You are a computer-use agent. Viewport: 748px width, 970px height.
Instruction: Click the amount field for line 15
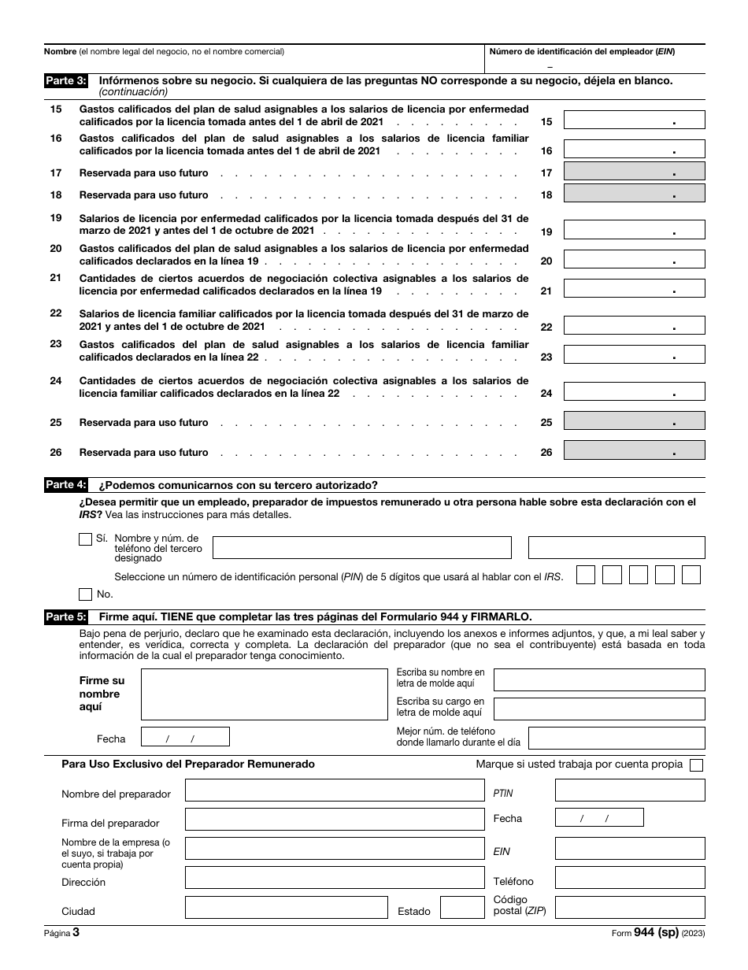635,120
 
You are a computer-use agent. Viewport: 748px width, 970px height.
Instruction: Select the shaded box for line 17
635,172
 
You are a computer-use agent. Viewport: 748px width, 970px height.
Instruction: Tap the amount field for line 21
635,289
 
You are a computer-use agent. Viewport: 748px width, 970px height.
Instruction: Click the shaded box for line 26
635,450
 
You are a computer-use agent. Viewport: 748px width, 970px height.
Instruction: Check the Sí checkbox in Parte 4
85,539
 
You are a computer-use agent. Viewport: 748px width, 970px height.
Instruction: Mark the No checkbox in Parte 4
85,594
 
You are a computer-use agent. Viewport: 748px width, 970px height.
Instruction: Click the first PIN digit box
586,575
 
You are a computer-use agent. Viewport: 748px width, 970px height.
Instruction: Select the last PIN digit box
691,575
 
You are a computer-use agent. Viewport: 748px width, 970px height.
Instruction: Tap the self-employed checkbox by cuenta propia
696,765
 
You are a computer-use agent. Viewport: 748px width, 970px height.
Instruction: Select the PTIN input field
629,790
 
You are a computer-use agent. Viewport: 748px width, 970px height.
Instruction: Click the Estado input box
461,908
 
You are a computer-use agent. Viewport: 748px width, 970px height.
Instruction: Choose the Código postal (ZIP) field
629,908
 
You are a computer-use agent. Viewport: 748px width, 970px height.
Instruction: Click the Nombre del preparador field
334,790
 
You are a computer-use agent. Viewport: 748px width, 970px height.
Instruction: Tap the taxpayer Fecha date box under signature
185,737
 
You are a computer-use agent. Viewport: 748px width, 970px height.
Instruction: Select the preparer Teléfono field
629,878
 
